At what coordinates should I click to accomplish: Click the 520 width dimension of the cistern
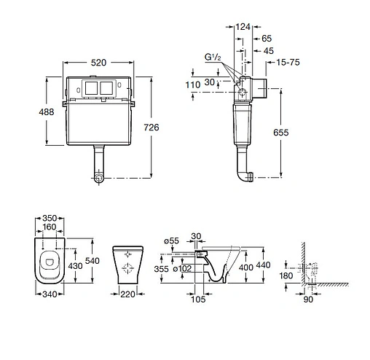[x=98, y=63]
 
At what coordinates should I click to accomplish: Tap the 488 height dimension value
[x=47, y=112]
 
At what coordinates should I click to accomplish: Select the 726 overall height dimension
[x=151, y=128]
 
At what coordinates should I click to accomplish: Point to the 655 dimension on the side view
[x=281, y=133]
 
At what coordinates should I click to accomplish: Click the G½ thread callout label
[x=213, y=57]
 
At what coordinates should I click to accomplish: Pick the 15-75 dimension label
[x=288, y=63]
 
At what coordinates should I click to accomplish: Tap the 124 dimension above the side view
[x=243, y=27]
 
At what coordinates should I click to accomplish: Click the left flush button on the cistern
[x=92, y=88]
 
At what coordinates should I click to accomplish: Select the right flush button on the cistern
[x=106, y=88]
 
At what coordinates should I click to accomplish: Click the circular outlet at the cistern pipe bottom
[x=98, y=178]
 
